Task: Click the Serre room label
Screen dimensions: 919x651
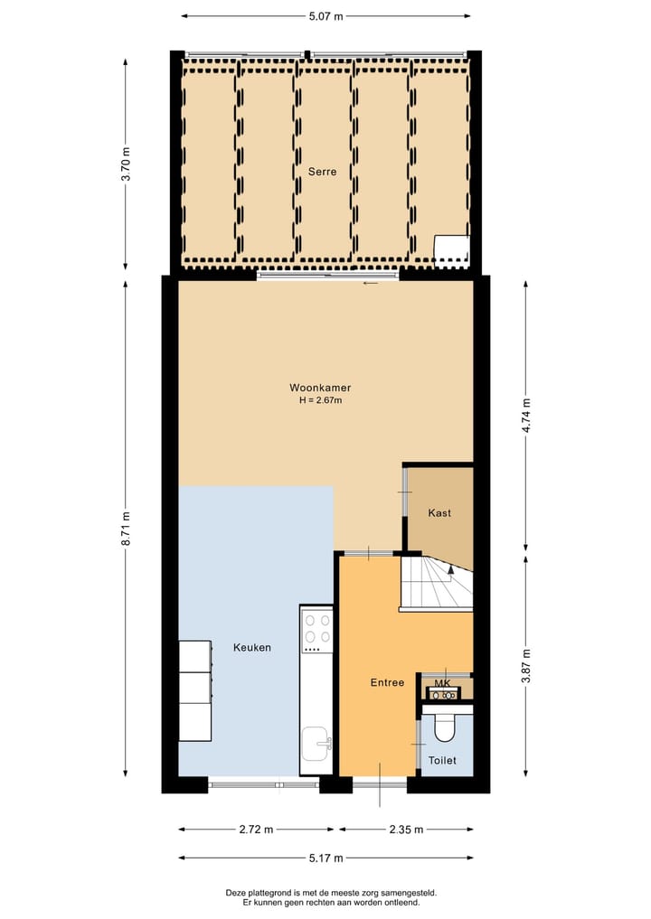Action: click(x=322, y=172)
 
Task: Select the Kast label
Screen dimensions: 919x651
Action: click(x=439, y=513)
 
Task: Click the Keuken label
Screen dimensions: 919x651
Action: click(x=251, y=648)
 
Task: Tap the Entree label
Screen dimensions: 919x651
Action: click(x=387, y=683)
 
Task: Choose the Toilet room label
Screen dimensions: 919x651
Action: click(x=442, y=761)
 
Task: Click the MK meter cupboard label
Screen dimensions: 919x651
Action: click(x=442, y=683)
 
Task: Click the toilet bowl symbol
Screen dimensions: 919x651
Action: click(x=444, y=727)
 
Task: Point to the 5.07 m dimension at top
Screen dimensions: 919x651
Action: click(x=325, y=16)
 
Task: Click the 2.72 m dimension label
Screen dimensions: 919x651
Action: click(x=256, y=830)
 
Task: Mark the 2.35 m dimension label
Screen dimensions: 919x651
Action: click(x=404, y=830)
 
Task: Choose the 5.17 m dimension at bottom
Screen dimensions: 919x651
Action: click(x=325, y=858)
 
